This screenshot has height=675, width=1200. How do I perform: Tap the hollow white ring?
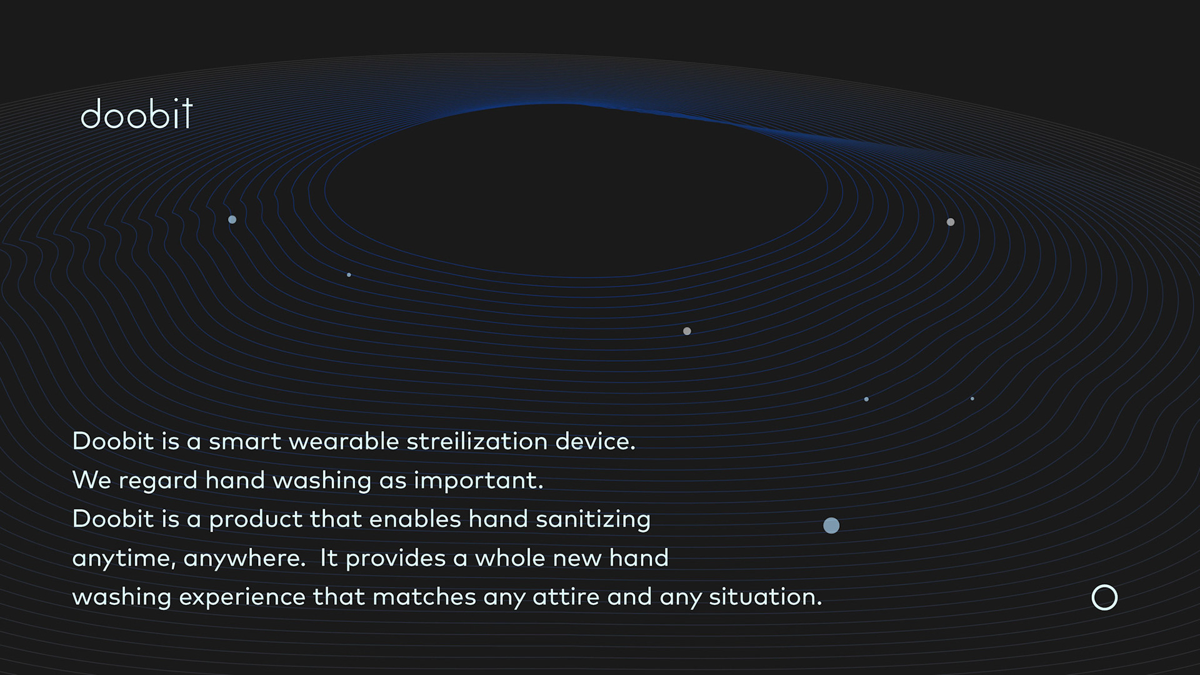click(1104, 586)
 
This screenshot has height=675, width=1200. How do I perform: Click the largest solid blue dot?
click(831, 526)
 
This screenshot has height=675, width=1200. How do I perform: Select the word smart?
click(245, 441)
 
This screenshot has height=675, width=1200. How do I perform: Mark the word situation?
click(765, 596)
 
